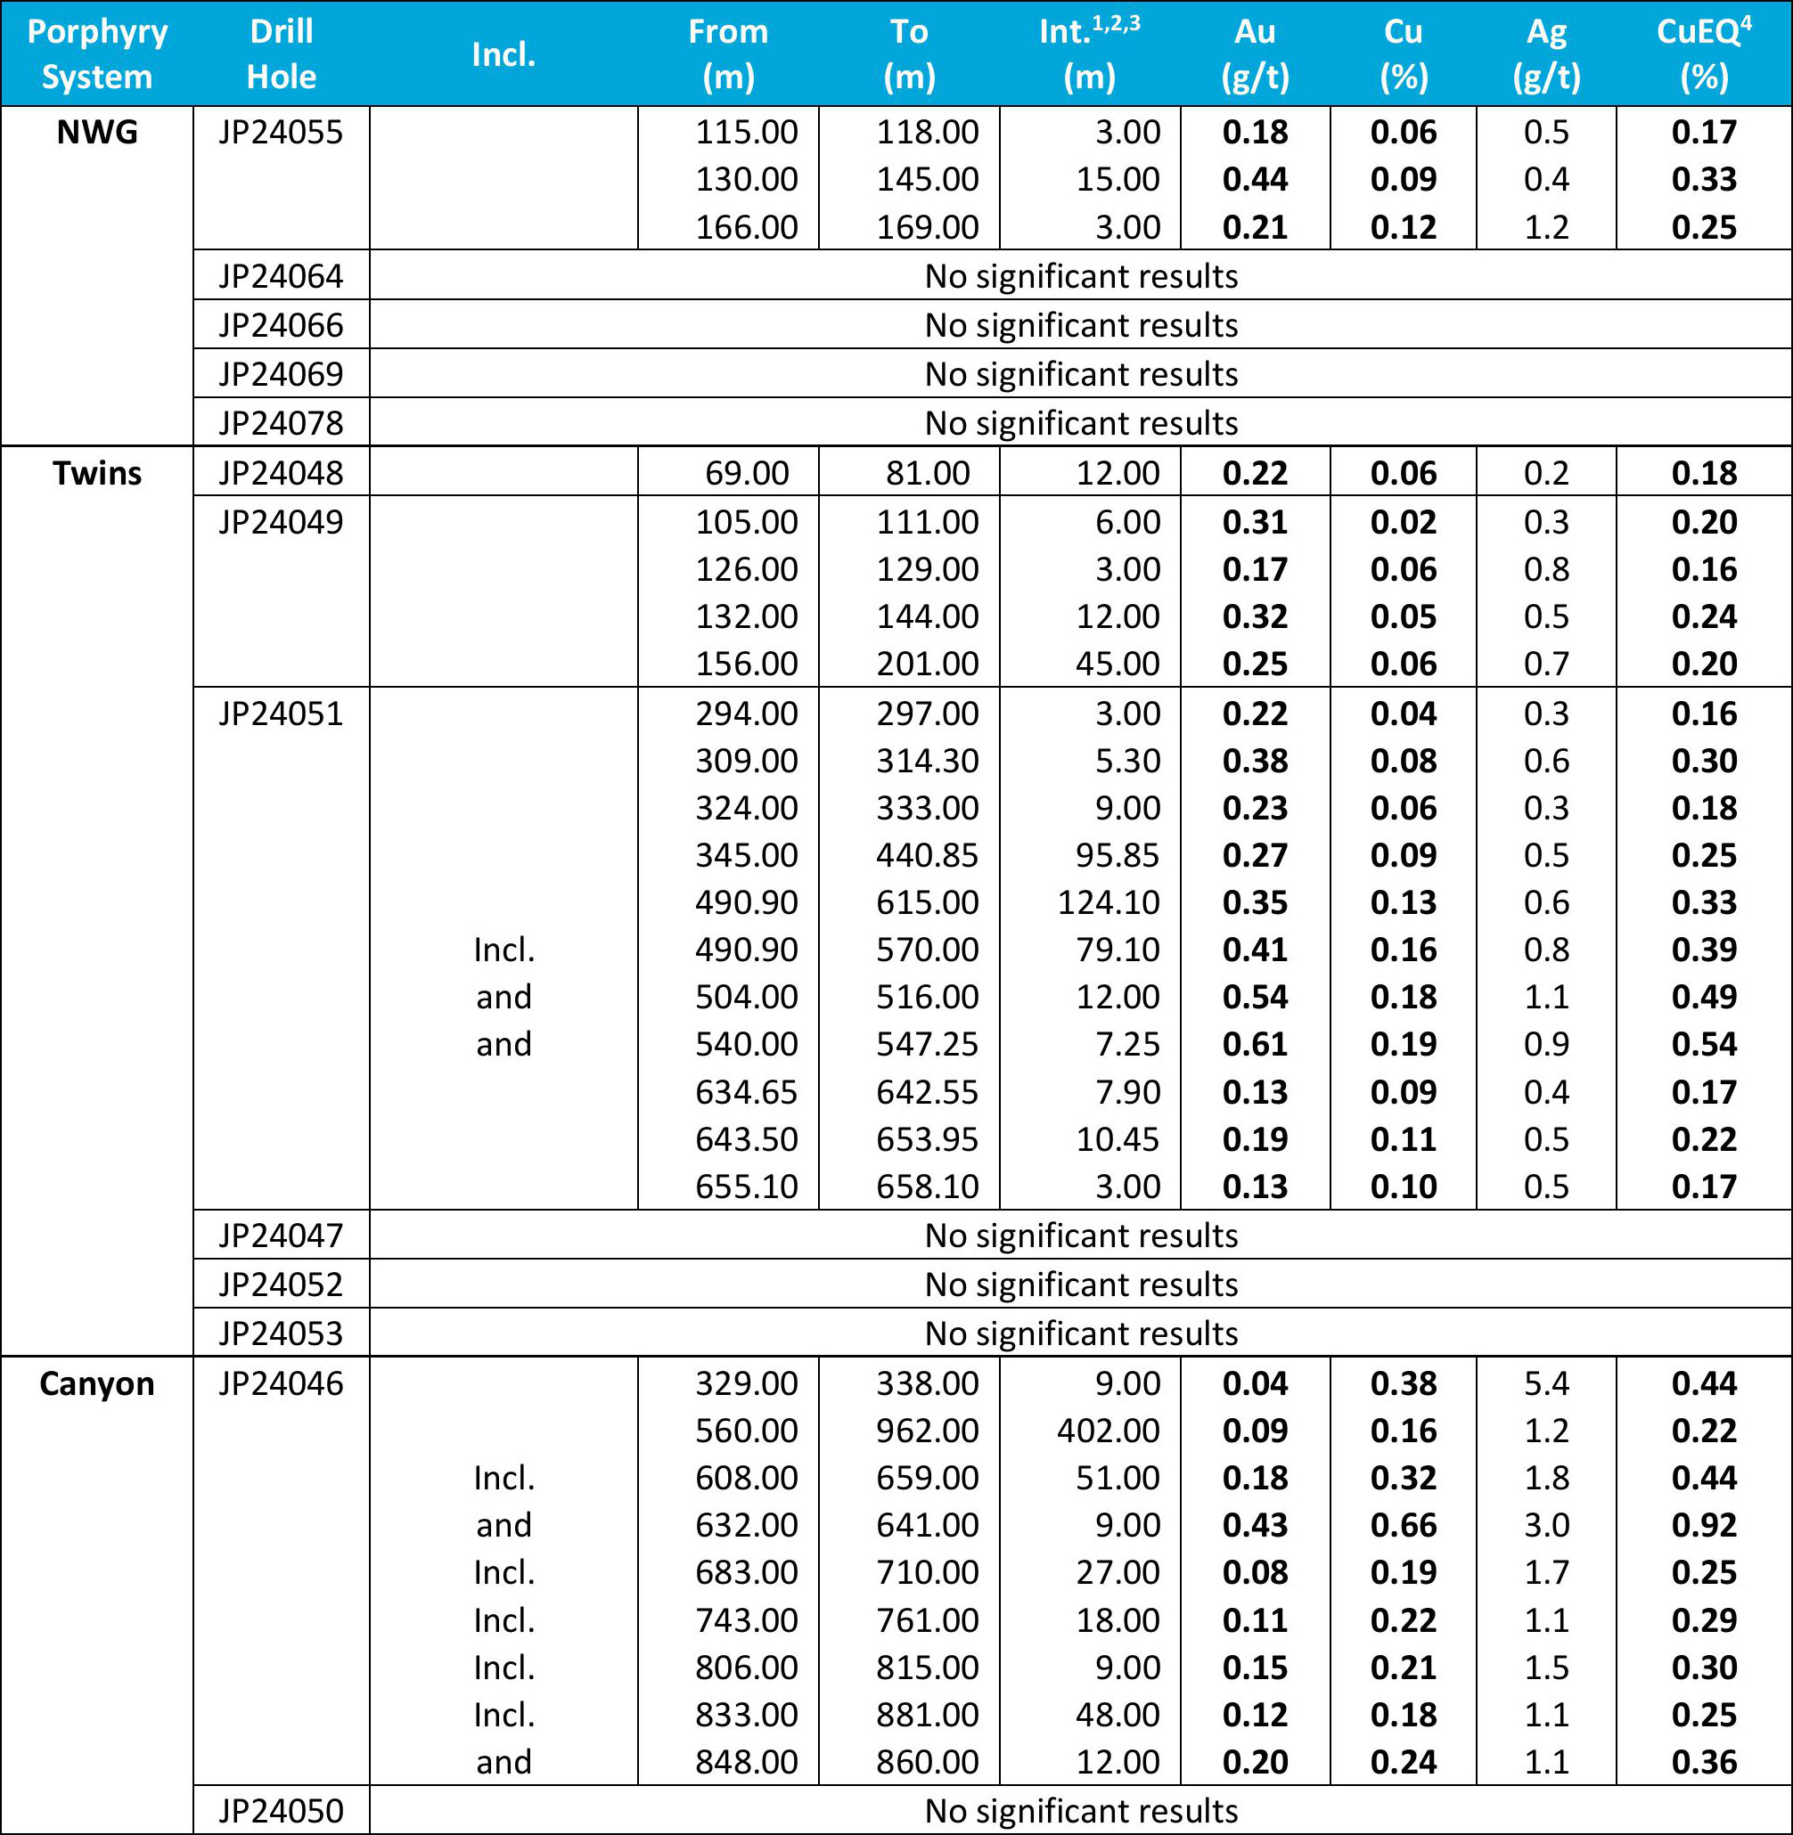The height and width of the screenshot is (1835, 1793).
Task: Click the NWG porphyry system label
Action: click(x=97, y=133)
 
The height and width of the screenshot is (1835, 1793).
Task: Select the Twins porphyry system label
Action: click(x=97, y=473)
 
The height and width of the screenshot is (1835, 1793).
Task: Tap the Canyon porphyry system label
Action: click(x=97, y=1383)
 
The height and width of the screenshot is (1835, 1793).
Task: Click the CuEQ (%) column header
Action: click(x=1704, y=53)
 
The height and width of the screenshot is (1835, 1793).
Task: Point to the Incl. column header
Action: click(x=504, y=53)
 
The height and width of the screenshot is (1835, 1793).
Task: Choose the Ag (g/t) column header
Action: click(x=1546, y=53)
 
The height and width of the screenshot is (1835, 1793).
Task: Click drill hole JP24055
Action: click(x=281, y=133)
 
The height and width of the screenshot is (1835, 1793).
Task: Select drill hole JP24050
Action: click(x=281, y=1811)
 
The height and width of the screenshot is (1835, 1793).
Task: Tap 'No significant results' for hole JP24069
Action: click(x=1081, y=374)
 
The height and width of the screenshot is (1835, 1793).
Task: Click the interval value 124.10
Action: click(x=1109, y=902)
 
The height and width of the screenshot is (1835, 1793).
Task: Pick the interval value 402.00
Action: click(x=1109, y=1431)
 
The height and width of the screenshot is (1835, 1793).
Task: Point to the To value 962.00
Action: click(x=928, y=1431)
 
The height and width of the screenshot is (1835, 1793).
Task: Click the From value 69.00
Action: click(x=747, y=473)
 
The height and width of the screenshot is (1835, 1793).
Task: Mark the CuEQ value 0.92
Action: click(x=1704, y=1524)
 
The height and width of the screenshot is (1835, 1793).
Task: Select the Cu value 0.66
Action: click(x=1404, y=1524)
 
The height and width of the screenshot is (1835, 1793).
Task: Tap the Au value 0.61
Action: click(x=1255, y=1044)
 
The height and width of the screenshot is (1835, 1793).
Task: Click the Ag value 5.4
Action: click(x=1546, y=1383)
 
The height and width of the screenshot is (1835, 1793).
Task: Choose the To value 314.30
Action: click(x=928, y=761)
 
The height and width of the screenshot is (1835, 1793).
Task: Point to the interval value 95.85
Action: click(x=1118, y=855)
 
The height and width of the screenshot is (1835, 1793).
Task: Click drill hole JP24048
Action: click(x=281, y=473)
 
